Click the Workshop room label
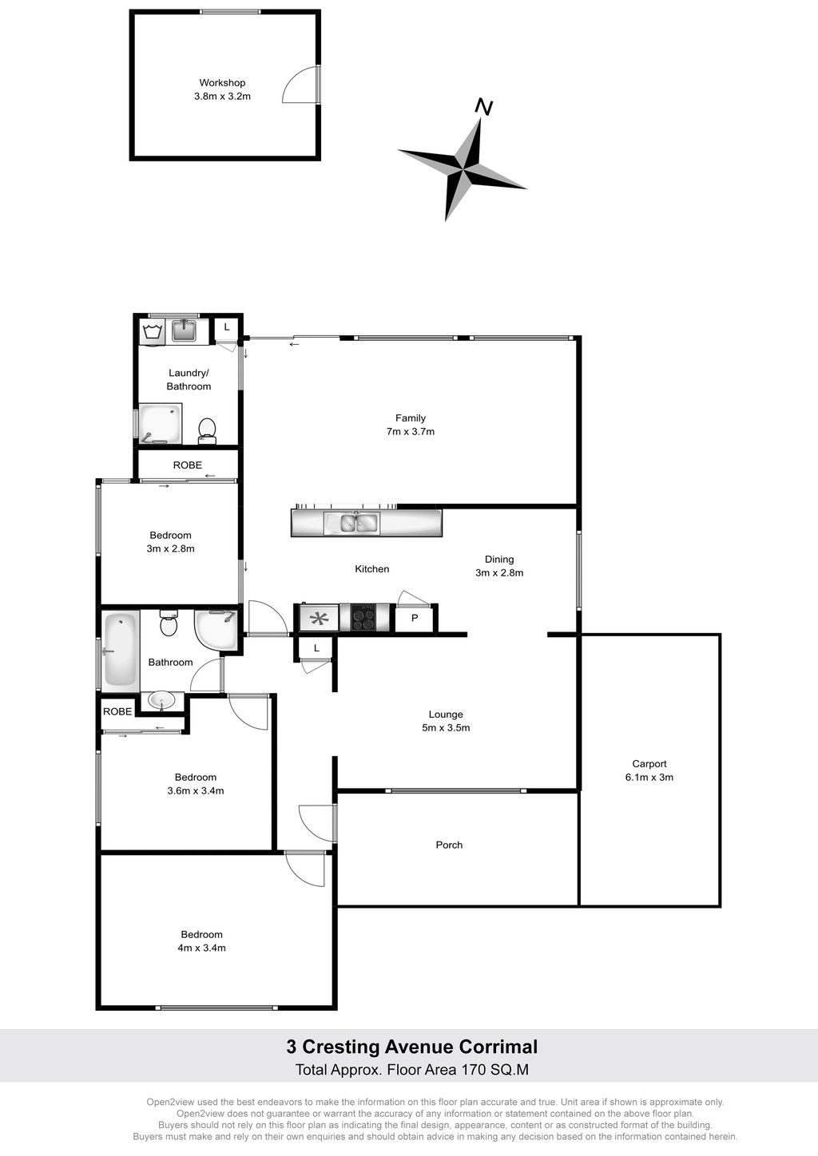pos(222,82)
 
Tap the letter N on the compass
pos(483,107)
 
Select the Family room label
pos(411,418)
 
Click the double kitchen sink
pos(358,523)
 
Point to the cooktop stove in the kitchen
pos(363,618)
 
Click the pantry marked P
pos(415,618)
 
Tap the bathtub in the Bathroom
pos(121,649)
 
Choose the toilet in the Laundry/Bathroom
pos(207,431)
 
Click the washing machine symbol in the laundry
pos(152,332)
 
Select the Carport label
pos(649,764)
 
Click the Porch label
pos(449,845)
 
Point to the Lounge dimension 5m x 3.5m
pos(446,727)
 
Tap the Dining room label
pos(499,559)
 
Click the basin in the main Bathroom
pos(161,701)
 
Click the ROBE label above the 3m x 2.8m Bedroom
pos(188,465)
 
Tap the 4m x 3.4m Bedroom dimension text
pos(201,948)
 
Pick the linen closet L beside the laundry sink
pos(226,327)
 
